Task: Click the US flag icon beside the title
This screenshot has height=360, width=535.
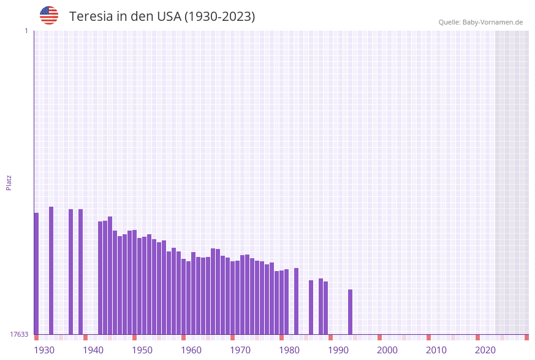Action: pyautogui.click(x=49, y=15)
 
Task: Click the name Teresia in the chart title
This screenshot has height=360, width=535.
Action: pyautogui.click(x=92, y=17)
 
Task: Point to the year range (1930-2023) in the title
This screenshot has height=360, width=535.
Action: pyautogui.click(x=219, y=17)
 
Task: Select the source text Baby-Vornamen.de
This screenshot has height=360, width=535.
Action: pyautogui.click(x=492, y=22)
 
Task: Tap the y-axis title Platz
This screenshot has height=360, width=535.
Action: pyautogui.click(x=9, y=182)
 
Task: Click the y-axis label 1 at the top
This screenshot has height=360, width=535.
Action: pyautogui.click(x=26, y=31)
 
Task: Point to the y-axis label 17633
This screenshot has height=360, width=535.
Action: pyautogui.click(x=19, y=334)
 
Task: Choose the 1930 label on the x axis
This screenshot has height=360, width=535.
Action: pyautogui.click(x=44, y=350)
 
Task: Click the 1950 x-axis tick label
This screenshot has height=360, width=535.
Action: pyautogui.click(x=142, y=350)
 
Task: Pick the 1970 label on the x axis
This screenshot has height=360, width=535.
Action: pyautogui.click(x=240, y=350)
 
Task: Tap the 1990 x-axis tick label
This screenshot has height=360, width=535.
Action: pyautogui.click(x=338, y=350)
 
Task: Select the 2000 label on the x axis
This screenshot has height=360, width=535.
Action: pyautogui.click(x=387, y=350)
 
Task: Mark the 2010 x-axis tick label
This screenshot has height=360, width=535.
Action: pyautogui.click(x=436, y=350)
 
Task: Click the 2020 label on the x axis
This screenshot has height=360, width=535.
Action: pyautogui.click(x=485, y=350)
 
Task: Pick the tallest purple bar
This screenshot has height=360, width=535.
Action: pyautogui.click(x=51, y=270)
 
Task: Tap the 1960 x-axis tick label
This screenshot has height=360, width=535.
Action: pyautogui.click(x=191, y=350)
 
